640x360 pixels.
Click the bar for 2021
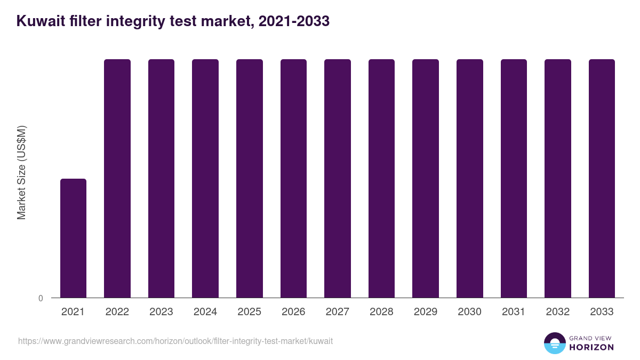pos(73,238)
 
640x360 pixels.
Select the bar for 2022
pos(117,178)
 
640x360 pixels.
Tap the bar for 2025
pos(250,178)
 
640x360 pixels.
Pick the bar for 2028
pos(381,178)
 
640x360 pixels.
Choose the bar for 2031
pos(514,178)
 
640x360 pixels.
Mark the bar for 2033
pos(602,178)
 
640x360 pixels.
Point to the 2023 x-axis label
pos(161,312)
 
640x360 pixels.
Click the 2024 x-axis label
pos(205,312)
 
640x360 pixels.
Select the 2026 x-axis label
pos(293,312)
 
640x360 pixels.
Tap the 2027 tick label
pos(338,312)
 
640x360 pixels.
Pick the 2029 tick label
pos(426,312)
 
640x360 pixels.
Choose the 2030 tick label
pos(470,312)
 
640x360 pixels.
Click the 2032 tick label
pos(558,312)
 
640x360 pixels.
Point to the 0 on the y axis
pos(41,298)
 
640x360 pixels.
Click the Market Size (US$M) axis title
pos(21,172)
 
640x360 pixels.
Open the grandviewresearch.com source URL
pos(175,341)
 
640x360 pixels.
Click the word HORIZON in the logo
pos(591,347)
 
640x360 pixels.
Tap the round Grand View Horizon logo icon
pos(555,343)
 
